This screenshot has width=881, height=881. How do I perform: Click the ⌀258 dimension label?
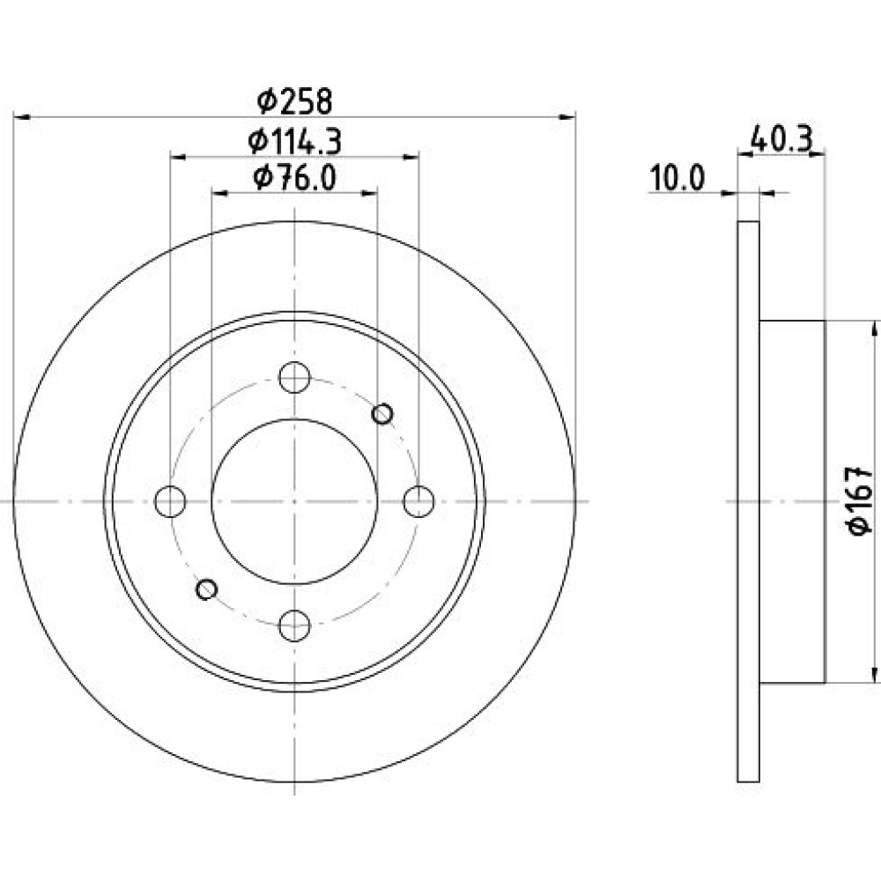(x=295, y=101)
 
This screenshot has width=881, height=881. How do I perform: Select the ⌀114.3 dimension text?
(x=295, y=142)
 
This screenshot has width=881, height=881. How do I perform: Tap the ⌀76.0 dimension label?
(x=295, y=178)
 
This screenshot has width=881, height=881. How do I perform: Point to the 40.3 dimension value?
(x=781, y=139)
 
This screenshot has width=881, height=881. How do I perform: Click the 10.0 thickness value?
(x=677, y=179)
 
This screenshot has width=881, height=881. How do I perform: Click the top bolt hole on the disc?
(x=294, y=377)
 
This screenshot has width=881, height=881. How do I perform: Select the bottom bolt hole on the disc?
(x=294, y=626)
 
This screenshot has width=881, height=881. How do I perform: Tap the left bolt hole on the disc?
(x=170, y=501)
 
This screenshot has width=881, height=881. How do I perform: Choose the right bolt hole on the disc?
(x=419, y=501)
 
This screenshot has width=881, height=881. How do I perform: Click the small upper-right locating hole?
(x=382, y=415)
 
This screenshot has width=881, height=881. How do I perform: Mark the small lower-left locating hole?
(x=207, y=589)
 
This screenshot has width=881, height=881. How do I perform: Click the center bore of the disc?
(x=294, y=501)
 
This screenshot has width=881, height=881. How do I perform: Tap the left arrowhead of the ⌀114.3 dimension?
(x=178, y=157)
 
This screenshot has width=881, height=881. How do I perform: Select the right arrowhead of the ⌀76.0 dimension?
(x=369, y=194)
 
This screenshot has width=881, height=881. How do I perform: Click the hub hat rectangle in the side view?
(x=792, y=502)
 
